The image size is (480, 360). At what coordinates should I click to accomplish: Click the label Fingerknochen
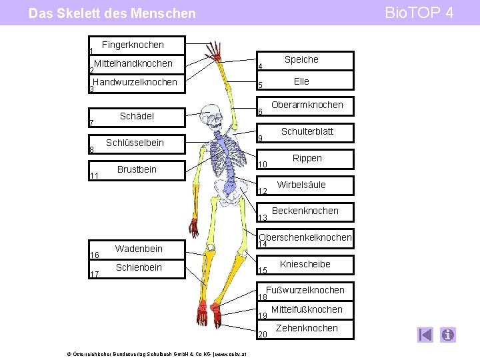133,45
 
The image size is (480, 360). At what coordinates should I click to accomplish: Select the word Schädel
137,116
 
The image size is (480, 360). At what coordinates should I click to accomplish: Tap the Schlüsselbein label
135,143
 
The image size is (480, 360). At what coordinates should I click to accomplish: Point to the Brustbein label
137,169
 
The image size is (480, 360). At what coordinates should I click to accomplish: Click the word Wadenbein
139,249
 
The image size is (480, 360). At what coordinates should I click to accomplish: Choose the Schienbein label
139,267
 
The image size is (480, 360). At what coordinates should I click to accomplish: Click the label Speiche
301,60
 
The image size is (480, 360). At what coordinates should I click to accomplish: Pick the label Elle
301,81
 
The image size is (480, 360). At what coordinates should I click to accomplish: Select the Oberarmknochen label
307,105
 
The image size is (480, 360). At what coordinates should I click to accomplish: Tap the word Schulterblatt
307,131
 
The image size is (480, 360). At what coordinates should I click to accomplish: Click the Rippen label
307,158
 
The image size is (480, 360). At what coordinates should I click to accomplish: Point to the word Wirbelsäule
301,185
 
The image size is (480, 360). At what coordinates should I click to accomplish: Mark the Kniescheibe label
305,264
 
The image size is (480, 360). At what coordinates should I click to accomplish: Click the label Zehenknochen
307,328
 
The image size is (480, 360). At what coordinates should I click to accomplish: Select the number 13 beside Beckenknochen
262,218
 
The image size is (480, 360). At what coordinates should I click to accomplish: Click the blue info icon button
448,335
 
